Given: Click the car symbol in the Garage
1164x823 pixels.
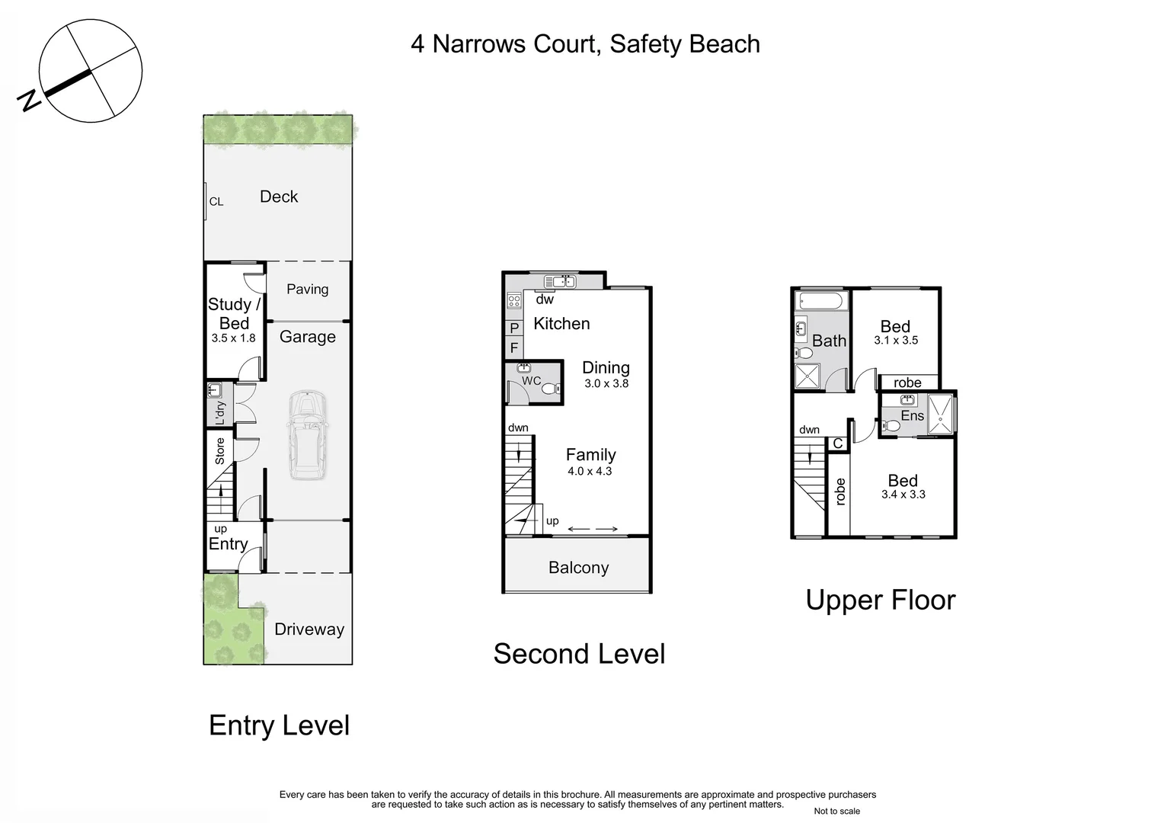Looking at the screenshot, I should pyautogui.click(x=306, y=435).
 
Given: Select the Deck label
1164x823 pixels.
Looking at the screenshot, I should pyautogui.click(x=279, y=197).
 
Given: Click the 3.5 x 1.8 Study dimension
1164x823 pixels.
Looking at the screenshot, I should pyautogui.click(x=233, y=338).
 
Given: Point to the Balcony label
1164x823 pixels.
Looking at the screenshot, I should pyautogui.click(x=578, y=568).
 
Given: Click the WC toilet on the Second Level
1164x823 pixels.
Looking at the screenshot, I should pyautogui.click(x=550, y=389).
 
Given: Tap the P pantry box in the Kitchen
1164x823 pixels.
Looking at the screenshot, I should pyautogui.click(x=514, y=328).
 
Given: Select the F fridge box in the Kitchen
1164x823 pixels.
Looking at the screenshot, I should pyautogui.click(x=514, y=347).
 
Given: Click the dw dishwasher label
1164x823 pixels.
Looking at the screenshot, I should pyautogui.click(x=545, y=299).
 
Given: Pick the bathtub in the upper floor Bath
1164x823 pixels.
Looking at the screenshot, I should pyautogui.click(x=819, y=300).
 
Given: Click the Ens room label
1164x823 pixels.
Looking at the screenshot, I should pyautogui.click(x=912, y=415).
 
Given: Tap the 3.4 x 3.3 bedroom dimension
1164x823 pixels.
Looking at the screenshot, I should pyautogui.click(x=903, y=495).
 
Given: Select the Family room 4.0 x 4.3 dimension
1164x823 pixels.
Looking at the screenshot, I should pyautogui.click(x=590, y=472).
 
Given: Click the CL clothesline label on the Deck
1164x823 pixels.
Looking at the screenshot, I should pyautogui.click(x=216, y=202).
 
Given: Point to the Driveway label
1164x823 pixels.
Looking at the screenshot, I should pyautogui.click(x=309, y=629).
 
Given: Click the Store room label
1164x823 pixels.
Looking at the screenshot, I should pyautogui.click(x=220, y=450).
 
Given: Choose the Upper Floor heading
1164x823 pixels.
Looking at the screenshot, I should pyautogui.click(x=880, y=600).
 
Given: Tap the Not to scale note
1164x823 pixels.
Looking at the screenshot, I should pyautogui.click(x=836, y=811).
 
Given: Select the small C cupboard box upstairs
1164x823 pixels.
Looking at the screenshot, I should pyautogui.click(x=837, y=444).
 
